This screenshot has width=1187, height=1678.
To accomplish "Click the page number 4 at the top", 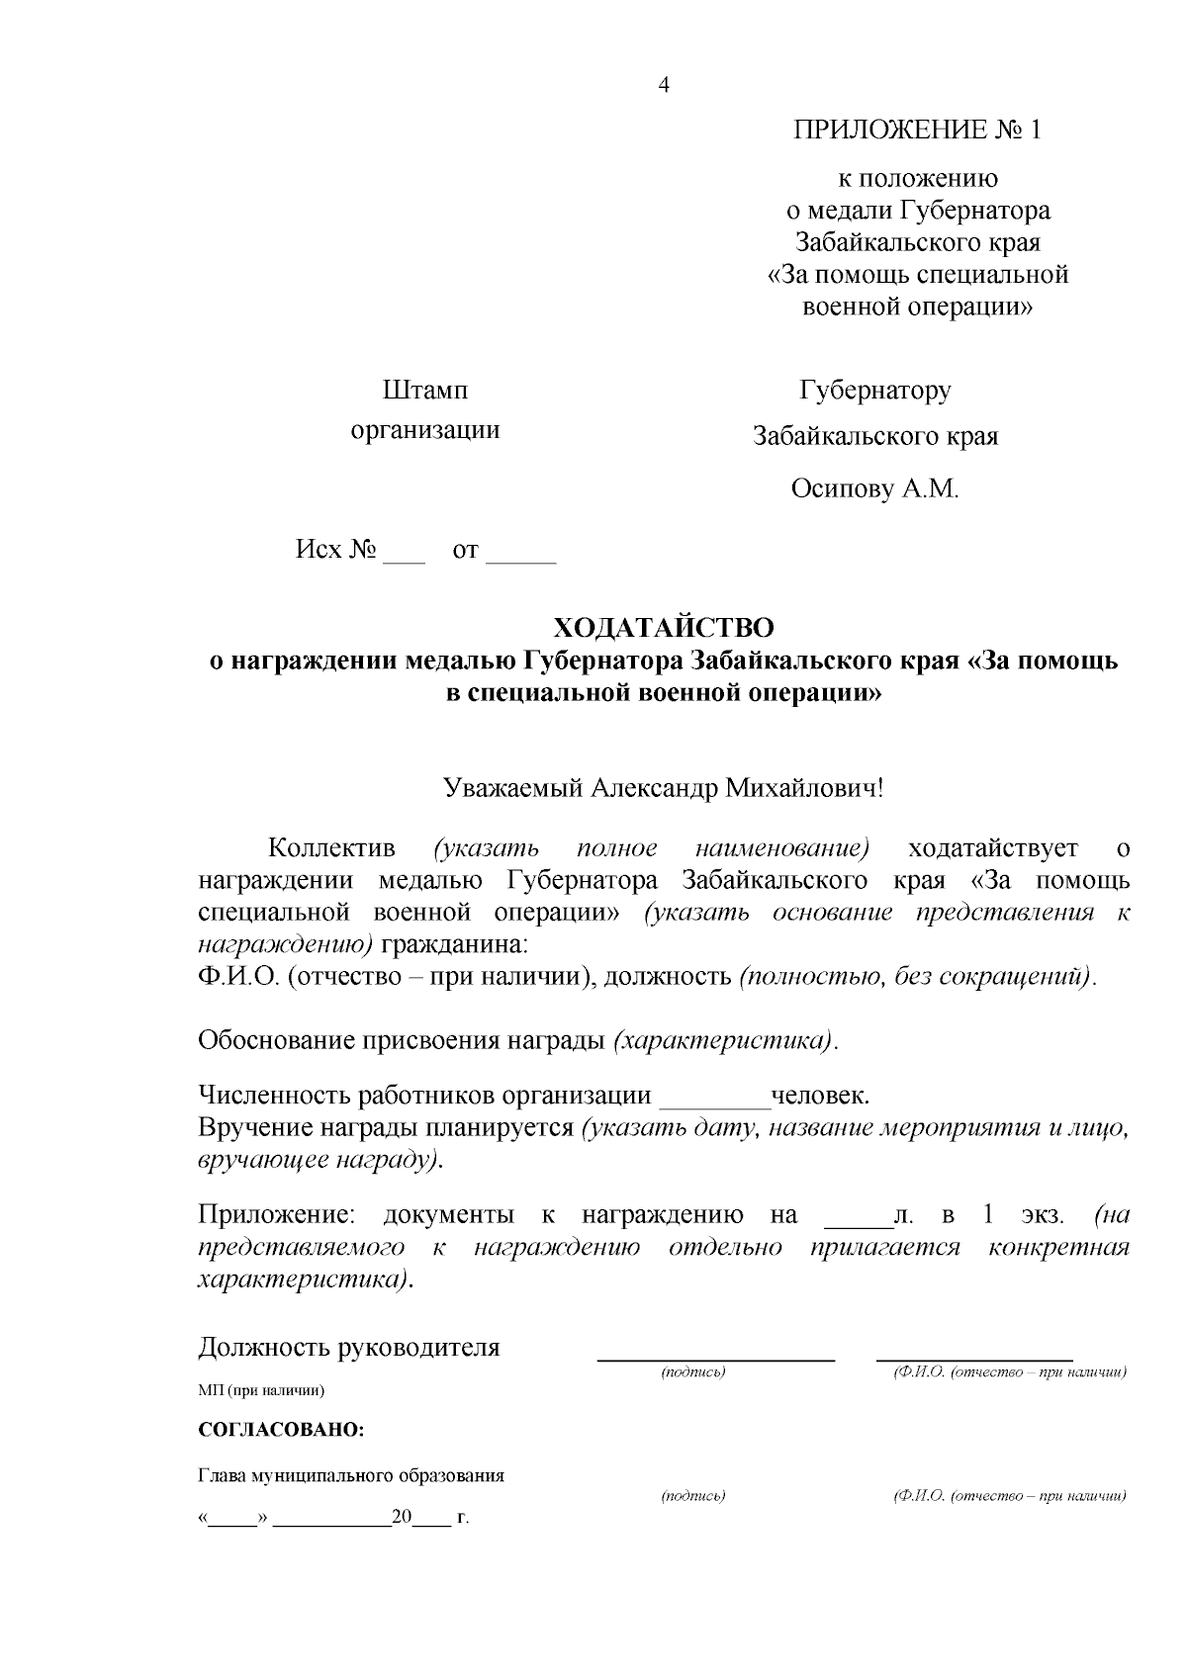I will click(664, 85).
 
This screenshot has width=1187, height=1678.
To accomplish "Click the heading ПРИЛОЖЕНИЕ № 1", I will click(917, 131).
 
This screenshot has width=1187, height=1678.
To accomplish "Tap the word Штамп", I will click(425, 391).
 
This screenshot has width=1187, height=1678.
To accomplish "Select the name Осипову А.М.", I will click(874, 488).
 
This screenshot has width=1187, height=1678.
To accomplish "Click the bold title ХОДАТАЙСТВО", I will click(663, 628).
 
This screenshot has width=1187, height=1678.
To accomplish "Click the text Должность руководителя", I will click(348, 1347).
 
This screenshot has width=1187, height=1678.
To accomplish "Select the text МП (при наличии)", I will click(261, 1390).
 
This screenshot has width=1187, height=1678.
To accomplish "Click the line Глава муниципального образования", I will click(351, 1475).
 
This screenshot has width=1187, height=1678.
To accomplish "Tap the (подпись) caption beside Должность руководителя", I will click(692, 1372).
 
